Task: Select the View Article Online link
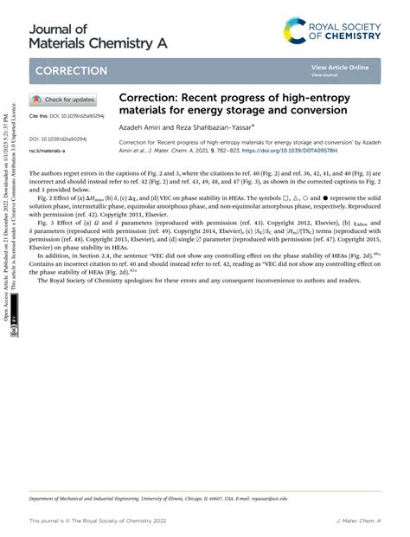tap(340, 67)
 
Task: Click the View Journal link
tap(324, 75)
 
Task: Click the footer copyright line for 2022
tap(96, 521)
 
